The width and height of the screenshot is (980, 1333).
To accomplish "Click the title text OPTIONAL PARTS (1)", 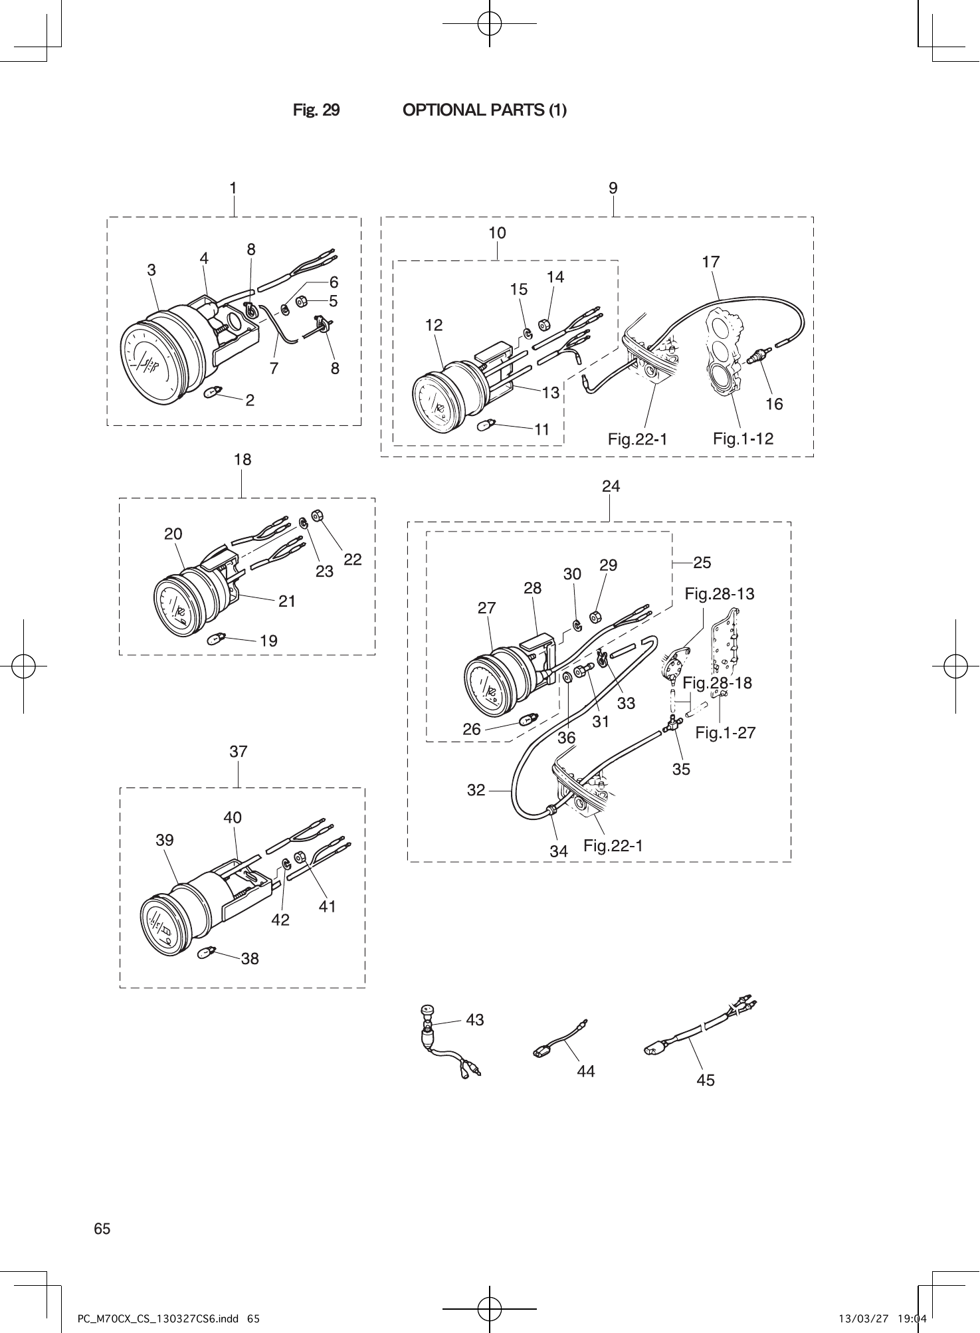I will click(484, 110).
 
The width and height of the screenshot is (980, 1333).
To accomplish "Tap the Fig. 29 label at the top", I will click(316, 110).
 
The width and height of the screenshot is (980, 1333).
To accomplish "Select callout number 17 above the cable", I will click(710, 262).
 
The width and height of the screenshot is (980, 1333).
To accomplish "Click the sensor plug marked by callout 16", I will click(756, 358).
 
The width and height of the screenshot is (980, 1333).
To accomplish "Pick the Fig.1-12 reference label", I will click(743, 439).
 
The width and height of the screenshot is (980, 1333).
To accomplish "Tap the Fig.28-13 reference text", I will click(719, 594).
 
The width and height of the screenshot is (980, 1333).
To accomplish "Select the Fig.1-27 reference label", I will click(725, 733).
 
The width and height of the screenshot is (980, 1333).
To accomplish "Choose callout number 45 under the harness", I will click(705, 1080).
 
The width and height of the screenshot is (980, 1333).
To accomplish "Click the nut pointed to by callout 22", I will click(317, 515).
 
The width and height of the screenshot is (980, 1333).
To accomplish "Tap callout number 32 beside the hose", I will click(476, 790).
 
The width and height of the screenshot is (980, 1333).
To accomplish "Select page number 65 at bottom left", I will click(102, 1229).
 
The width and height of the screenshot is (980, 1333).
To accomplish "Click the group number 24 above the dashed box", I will click(611, 486).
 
